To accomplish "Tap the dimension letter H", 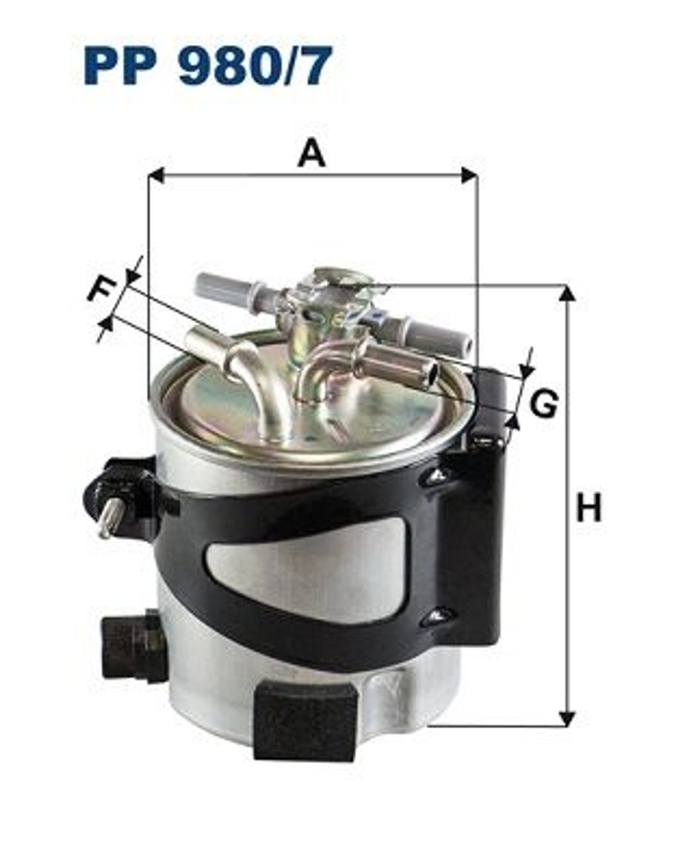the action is coord(589,507).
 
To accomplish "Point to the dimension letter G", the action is coord(544,403).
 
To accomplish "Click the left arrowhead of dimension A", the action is coord(156,175).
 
